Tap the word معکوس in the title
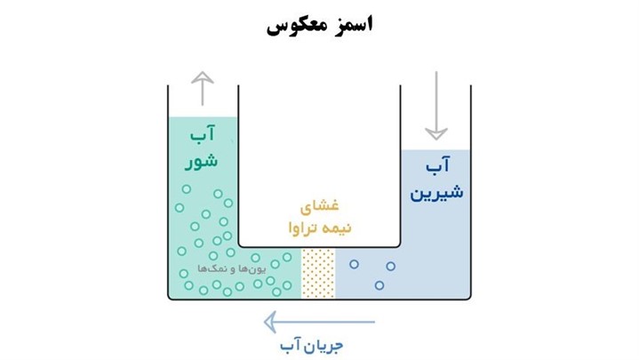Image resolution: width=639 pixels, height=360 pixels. pyautogui.click(x=298, y=25)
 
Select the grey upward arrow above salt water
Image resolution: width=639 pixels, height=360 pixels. pyautogui.click(x=204, y=88)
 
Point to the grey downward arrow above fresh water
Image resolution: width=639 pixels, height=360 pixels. pyautogui.click(x=435, y=106)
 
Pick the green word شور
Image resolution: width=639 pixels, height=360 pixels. pyautogui.click(x=202, y=162)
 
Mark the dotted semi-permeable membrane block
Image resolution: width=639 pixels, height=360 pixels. pyautogui.click(x=319, y=272)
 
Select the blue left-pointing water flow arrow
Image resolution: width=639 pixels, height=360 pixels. pyautogui.click(x=320, y=322)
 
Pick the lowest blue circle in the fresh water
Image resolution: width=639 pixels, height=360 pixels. pyautogui.click(x=379, y=285)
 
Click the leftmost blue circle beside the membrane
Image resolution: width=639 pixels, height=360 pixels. pyautogui.click(x=354, y=264)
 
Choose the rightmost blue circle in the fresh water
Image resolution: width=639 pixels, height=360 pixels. pyautogui.click(x=390, y=264)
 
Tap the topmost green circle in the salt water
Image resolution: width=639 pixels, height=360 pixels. pyautogui.click(x=186, y=188)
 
